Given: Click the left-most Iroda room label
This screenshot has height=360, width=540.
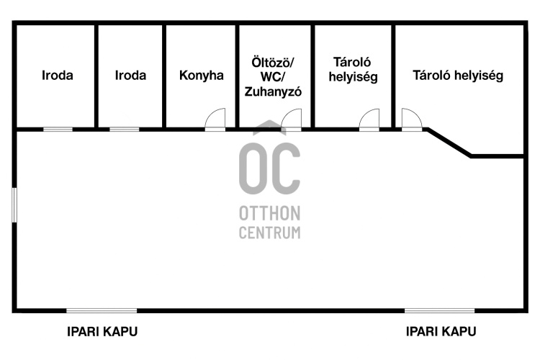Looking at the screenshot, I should pyautogui.click(x=58, y=75).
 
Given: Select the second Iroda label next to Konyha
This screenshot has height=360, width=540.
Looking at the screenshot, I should pyautogui.click(x=130, y=75).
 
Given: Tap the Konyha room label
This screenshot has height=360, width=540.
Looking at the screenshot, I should pyautogui.click(x=202, y=75).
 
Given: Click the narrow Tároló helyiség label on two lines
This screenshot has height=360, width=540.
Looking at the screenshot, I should pyautogui.click(x=353, y=68).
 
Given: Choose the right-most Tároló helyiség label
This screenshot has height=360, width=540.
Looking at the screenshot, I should pyautogui.click(x=458, y=75).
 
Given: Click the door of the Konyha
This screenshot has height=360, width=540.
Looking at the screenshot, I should pyautogui.click(x=215, y=120).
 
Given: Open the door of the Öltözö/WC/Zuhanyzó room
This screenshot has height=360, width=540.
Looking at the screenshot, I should pyautogui.click(x=292, y=120).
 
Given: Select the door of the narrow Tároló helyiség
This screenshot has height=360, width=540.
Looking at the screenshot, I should pyautogui.click(x=369, y=120).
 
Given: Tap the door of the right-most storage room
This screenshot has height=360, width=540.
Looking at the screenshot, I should pyautogui.click(x=411, y=120).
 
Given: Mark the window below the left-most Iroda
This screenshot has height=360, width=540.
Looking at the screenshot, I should pyautogui.click(x=58, y=130).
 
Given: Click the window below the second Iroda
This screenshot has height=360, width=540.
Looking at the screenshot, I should pyautogui.click(x=124, y=130).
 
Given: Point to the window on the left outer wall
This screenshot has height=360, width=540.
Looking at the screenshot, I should pyautogui.click(x=14, y=206).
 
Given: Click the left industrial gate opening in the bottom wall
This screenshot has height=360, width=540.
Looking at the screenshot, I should pyautogui.click(x=102, y=310).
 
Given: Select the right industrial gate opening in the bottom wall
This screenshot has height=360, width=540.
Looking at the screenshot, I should pyautogui.click(x=440, y=310).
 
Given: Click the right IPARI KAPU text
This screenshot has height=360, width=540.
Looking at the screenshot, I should pyautogui.click(x=441, y=332).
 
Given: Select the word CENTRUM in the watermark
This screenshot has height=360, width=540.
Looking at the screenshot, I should pyautogui.click(x=270, y=232).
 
